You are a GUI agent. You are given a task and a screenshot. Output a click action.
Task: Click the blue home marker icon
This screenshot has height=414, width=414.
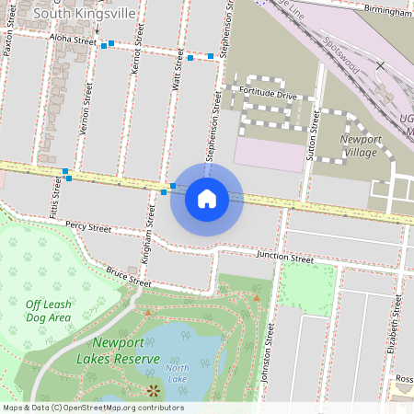pyautogui.click(x=207, y=199)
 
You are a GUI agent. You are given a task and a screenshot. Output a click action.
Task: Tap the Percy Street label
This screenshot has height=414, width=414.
pyautogui.click(x=87, y=226)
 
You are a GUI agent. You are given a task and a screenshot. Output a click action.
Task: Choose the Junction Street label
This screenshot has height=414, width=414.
pyautogui.click(x=285, y=259)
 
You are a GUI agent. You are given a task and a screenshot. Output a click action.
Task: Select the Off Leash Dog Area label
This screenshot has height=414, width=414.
pyautogui.click(x=48, y=311)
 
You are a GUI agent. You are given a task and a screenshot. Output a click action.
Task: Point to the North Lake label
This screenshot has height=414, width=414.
pyautogui.click(x=178, y=374)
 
